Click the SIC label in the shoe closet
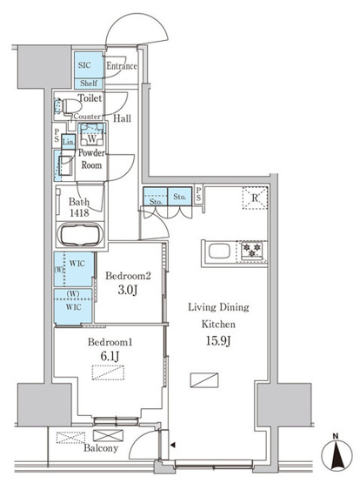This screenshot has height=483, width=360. coord(84,65)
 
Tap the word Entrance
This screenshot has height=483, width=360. coord(122,66)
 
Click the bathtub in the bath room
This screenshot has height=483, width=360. coord(82,235)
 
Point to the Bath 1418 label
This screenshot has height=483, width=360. coord(79,207)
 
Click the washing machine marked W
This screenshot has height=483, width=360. coord(91,134)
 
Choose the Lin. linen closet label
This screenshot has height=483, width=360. coord(69,143)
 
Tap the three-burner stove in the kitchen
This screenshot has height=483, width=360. coord(251,250)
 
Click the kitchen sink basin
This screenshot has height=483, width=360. coord(219,251)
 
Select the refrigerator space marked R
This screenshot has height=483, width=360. coord(255,198)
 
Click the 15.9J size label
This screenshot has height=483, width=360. coord(218,341)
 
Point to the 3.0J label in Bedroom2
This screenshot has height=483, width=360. coord(127,290)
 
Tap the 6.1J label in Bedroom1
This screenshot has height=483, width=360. coord(110,356)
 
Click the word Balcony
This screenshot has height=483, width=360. coord(101,448)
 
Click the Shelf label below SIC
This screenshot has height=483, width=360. coord(89,84)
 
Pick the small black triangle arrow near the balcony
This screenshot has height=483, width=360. coord(173,445)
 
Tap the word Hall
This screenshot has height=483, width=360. coord(122,118)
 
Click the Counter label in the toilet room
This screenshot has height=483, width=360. coord(87,117)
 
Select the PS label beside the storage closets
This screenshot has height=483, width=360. coord(198,195)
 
